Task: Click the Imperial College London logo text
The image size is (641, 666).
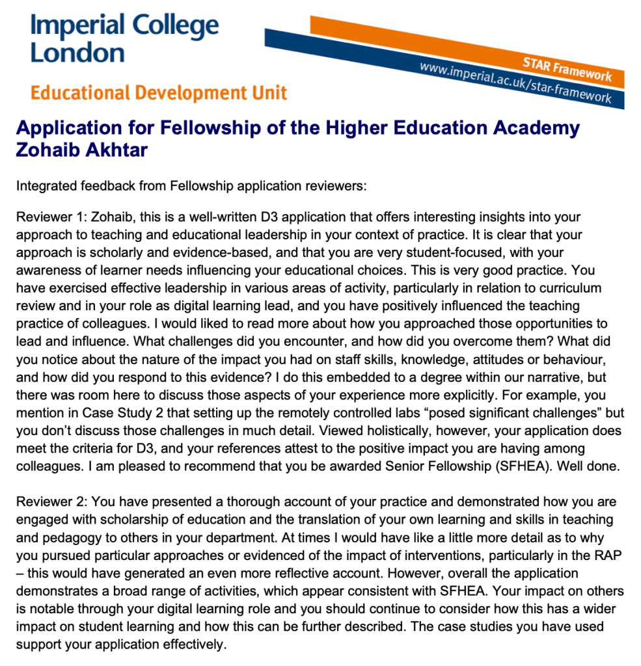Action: click(124, 38)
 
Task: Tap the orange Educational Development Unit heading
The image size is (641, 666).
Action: click(159, 93)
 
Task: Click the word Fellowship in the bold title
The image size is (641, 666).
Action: click(189, 127)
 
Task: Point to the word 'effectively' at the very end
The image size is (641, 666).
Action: click(193, 645)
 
